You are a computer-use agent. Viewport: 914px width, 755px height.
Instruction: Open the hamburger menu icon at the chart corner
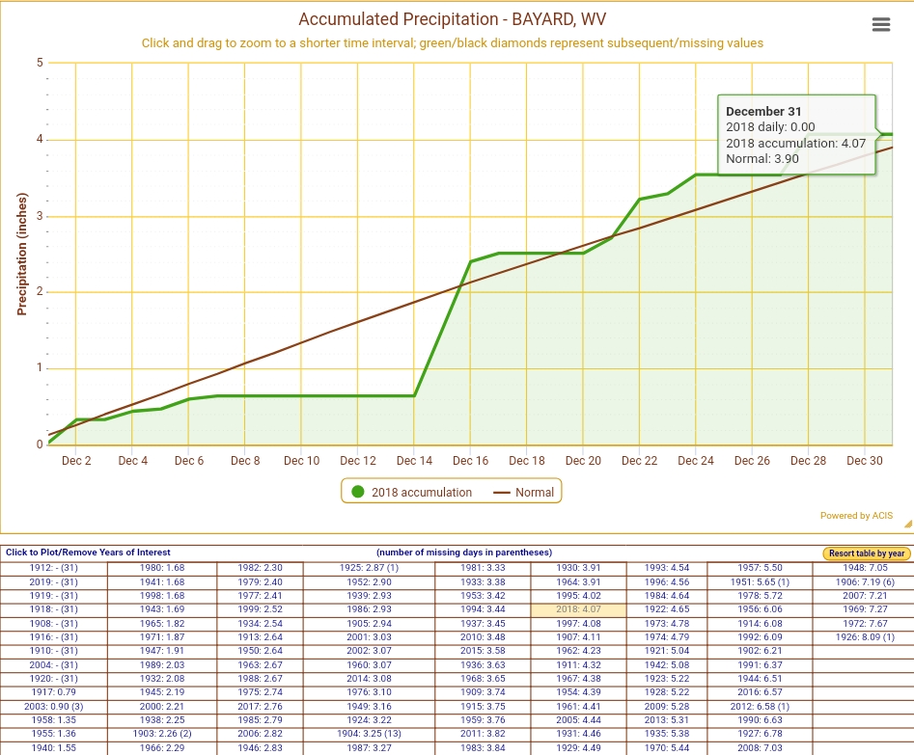(x=880, y=25)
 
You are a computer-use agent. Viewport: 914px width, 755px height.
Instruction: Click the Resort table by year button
(x=867, y=553)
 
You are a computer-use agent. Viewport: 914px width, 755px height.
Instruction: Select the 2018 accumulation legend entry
(x=412, y=492)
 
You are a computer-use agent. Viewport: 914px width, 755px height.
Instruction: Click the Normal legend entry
(x=525, y=492)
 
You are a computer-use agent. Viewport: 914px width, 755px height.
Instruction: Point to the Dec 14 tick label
(x=414, y=461)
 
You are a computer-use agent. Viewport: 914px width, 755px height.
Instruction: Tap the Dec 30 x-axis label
(x=865, y=461)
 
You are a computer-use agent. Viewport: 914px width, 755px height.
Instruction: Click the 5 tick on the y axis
(x=40, y=63)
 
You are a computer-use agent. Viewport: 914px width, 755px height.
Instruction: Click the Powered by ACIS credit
(x=856, y=516)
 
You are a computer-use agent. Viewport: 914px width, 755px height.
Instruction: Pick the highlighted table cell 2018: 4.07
(x=578, y=609)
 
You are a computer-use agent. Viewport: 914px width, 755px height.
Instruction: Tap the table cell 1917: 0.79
(x=54, y=692)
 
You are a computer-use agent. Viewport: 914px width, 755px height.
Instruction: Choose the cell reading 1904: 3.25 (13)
(x=368, y=734)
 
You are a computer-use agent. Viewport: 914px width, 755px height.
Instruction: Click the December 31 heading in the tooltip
(x=763, y=112)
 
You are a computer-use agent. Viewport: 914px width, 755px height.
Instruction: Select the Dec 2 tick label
(x=76, y=461)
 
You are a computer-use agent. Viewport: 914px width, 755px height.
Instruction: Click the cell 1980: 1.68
(x=162, y=568)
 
